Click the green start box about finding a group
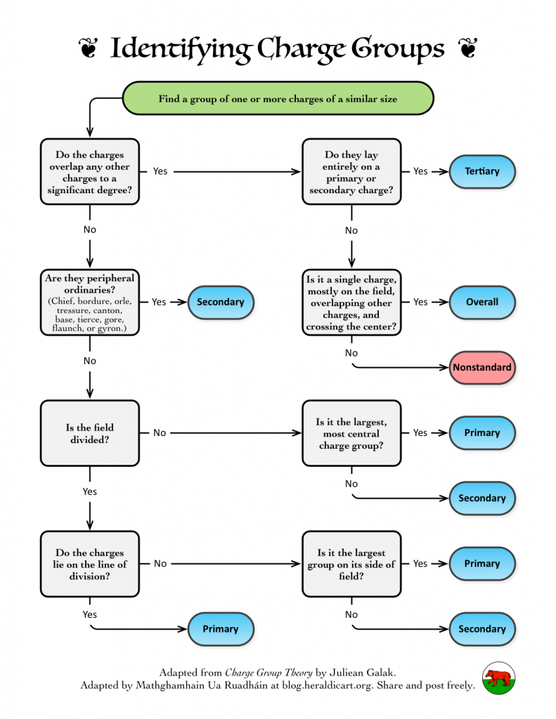[278, 98]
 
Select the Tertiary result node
[482, 171]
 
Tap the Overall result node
[482, 302]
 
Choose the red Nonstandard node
[482, 367]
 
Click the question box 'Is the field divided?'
[89, 433]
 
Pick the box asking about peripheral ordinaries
[89, 302]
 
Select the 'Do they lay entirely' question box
[351, 171]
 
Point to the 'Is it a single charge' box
[351, 302]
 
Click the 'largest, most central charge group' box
[351, 433]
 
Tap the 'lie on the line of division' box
[89, 564]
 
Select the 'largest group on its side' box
[351, 564]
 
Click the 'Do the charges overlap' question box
[89, 171]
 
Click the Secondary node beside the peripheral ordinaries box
[221, 302]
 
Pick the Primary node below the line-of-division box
[221, 629]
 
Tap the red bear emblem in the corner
[498, 678]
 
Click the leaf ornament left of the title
[88, 48]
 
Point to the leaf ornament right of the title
[468, 48]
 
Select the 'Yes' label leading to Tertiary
[420, 171]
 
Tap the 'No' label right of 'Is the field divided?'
[160, 433]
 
